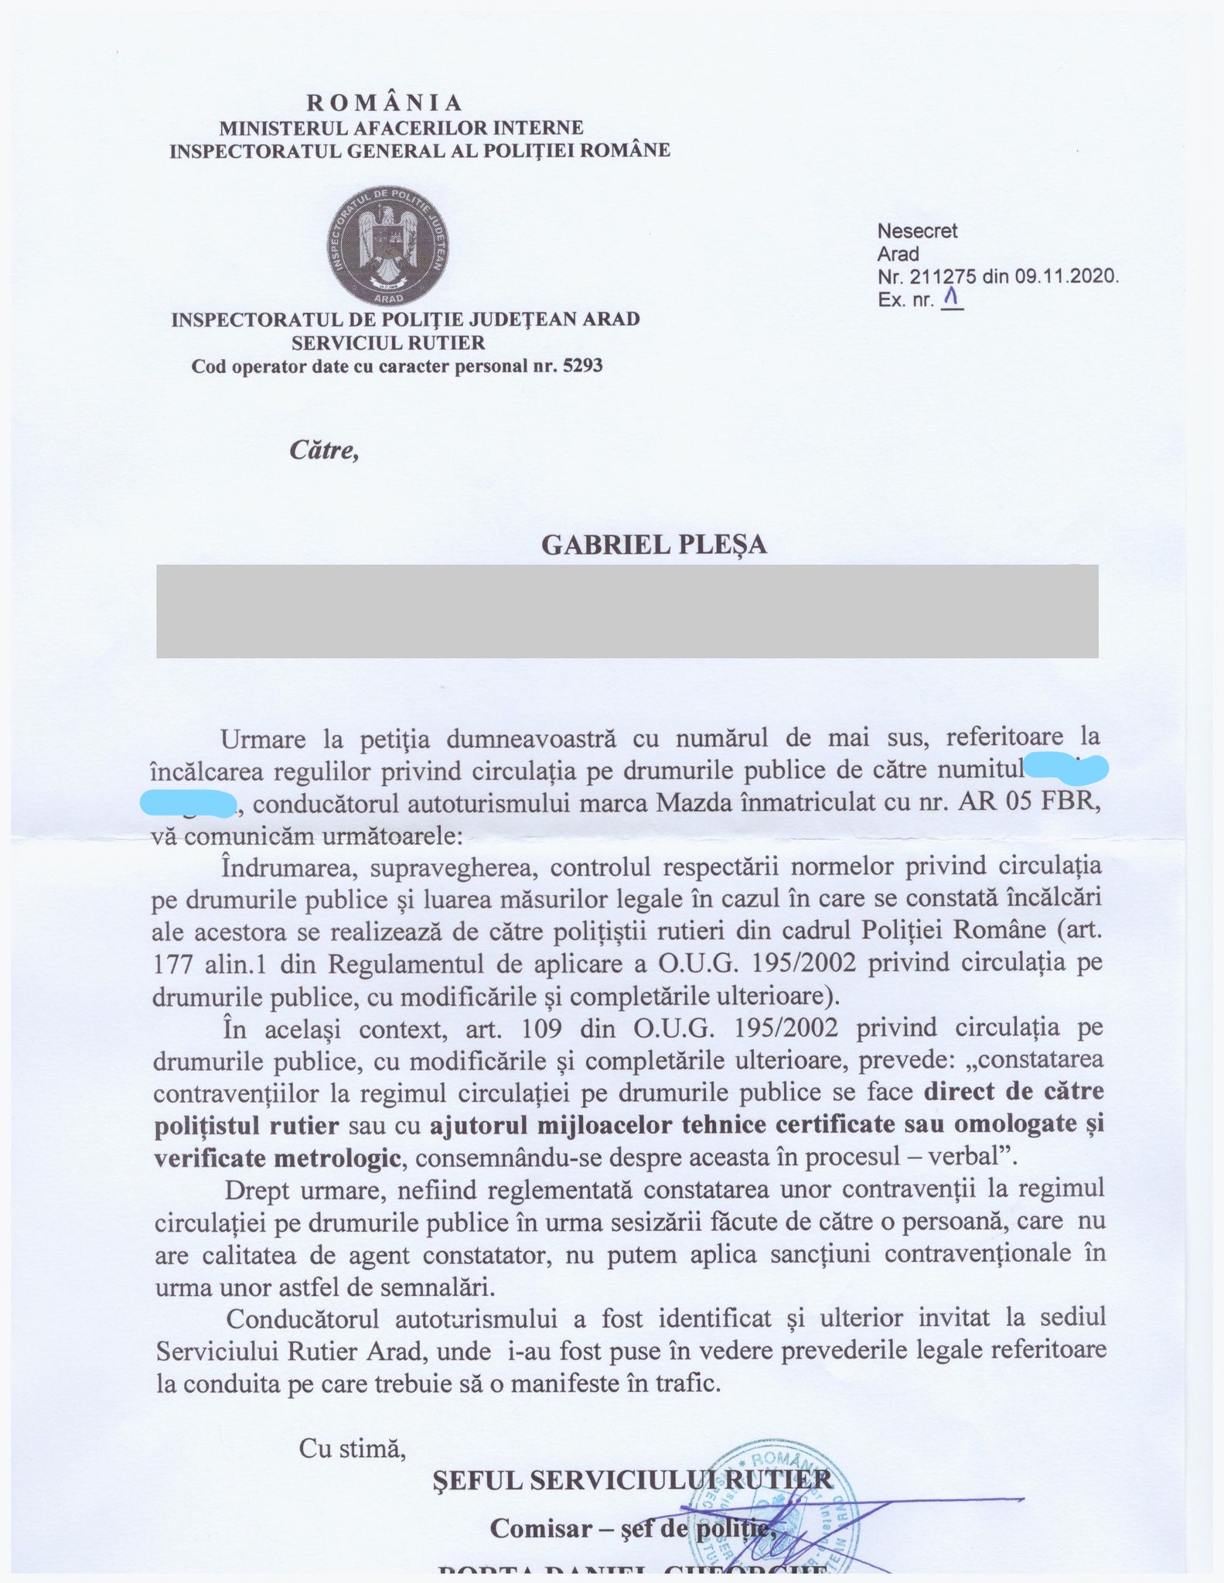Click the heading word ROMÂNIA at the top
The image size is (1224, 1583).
(384, 103)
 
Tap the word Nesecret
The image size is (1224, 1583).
(917, 231)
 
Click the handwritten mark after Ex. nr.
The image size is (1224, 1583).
(951, 296)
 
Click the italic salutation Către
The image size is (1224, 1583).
(324, 450)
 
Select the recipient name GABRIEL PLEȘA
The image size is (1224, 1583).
(654, 545)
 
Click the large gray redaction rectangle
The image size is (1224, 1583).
(627, 611)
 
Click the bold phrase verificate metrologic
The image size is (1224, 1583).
(278, 1157)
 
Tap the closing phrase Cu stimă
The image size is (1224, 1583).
(353, 1448)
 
